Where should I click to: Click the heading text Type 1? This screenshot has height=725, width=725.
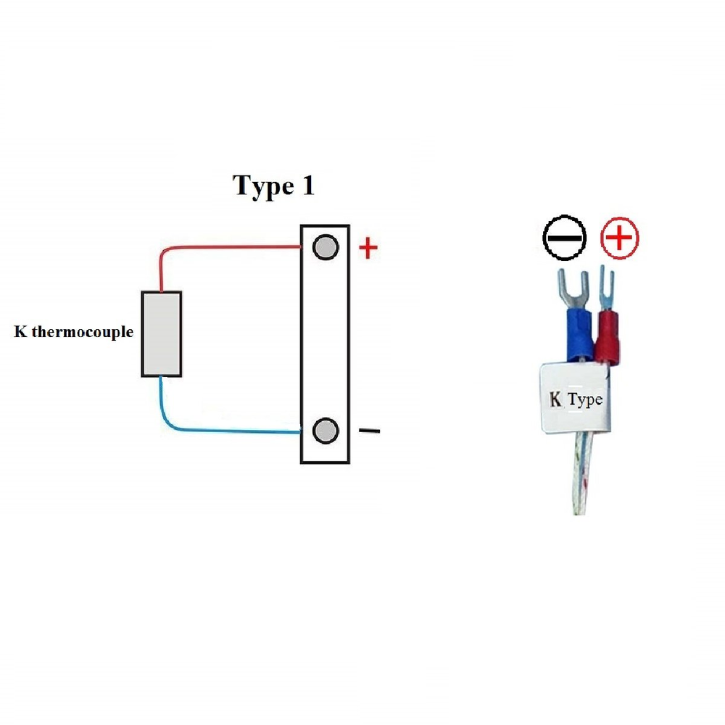[x=273, y=186]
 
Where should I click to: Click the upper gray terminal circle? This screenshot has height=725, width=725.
[x=326, y=247]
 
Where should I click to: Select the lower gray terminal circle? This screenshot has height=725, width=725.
[x=326, y=431]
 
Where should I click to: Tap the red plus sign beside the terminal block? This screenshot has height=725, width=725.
[x=369, y=249]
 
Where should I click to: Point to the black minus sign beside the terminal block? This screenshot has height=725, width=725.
[x=369, y=431]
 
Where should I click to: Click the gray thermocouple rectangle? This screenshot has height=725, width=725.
[x=161, y=333]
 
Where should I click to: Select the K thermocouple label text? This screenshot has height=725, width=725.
[x=74, y=333]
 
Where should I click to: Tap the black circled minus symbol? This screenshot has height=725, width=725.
[x=564, y=237]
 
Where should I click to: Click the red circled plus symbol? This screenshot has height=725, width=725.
[x=621, y=237]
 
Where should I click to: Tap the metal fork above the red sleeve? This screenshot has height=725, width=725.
[x=606, y=286]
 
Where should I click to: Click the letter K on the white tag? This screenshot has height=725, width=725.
[x=556, y=399]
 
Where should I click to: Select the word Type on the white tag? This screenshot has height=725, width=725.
[x=584, y=399]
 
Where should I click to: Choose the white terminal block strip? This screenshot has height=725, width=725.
[x=326, y=341]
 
